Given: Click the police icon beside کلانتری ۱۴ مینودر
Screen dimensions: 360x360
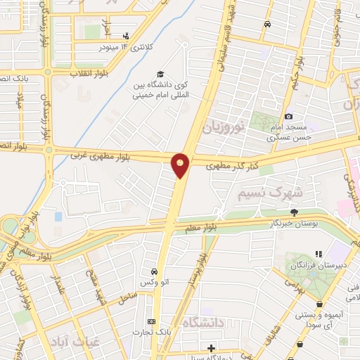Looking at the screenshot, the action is coord(126,35).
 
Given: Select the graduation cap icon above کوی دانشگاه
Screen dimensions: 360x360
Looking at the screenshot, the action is coord(160,74).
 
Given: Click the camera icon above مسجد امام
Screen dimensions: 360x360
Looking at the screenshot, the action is coord(288,116).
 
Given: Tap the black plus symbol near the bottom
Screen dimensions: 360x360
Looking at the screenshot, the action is coord(211,347).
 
